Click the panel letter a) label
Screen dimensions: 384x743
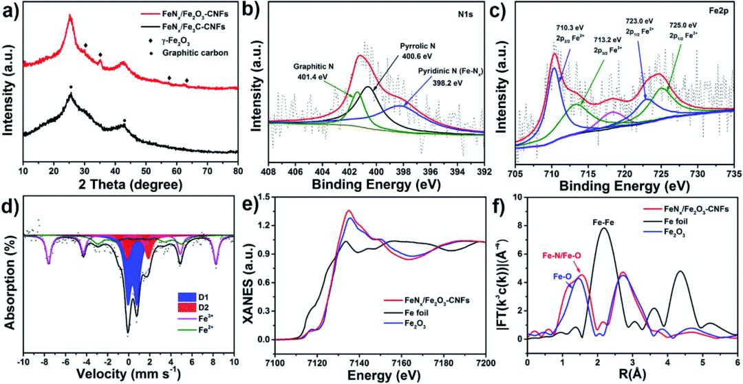12,10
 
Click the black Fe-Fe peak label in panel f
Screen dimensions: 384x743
603,222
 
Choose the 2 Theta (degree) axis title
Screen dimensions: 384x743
130,184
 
